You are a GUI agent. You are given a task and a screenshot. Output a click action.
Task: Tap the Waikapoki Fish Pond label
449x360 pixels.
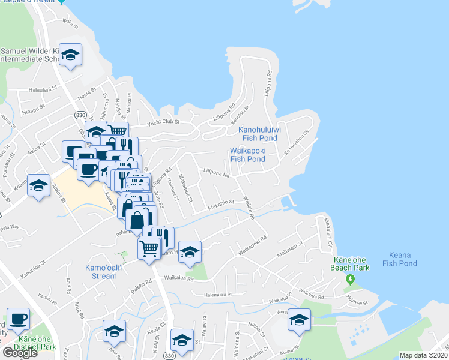247,155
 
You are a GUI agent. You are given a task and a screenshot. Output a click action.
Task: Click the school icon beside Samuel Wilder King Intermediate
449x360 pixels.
71,56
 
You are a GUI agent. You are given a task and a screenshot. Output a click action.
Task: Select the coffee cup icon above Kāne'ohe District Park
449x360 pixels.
18,318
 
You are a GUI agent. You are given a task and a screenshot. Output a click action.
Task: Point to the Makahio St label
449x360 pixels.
220,206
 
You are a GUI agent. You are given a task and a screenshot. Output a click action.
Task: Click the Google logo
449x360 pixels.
20,352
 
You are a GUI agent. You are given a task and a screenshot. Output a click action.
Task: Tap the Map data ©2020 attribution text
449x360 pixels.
424,355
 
